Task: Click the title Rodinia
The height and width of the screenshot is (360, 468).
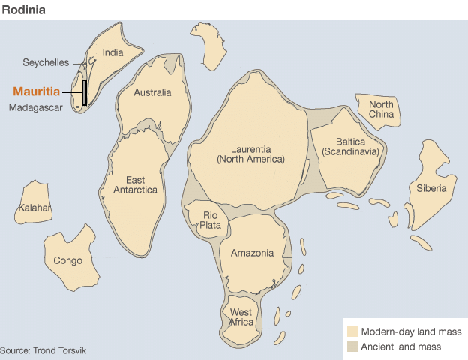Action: pyautogui.click(x=22, y=10)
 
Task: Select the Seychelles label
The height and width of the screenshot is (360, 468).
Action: pyautogui.click(x=46, y=62)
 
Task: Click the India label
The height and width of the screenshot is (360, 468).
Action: pyautogui.click(x=112, y=52)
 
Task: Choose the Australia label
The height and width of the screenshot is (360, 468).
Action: pyautogui.click(x=152, y=93)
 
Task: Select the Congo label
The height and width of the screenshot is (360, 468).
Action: pyautogui.click(x=68, y=261)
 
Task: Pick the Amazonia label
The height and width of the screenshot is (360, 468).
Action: pyautogui.click(x=252, y=253)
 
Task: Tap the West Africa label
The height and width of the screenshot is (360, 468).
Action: pyautogui.click(x=241, y=316)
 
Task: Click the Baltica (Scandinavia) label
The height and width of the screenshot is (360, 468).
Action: pyautogui.click(x=351, y=146)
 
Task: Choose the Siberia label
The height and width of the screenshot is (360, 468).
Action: pyautogui.click(x=432, y=188)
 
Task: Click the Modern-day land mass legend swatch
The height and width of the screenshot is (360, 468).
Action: pyautogui.click(x=352, y=331)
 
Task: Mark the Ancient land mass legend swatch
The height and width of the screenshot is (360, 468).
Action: pyautogui.click(x=352, y=346)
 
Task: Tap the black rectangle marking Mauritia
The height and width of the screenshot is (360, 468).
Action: pyautogui.click(x=85, y=93)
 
